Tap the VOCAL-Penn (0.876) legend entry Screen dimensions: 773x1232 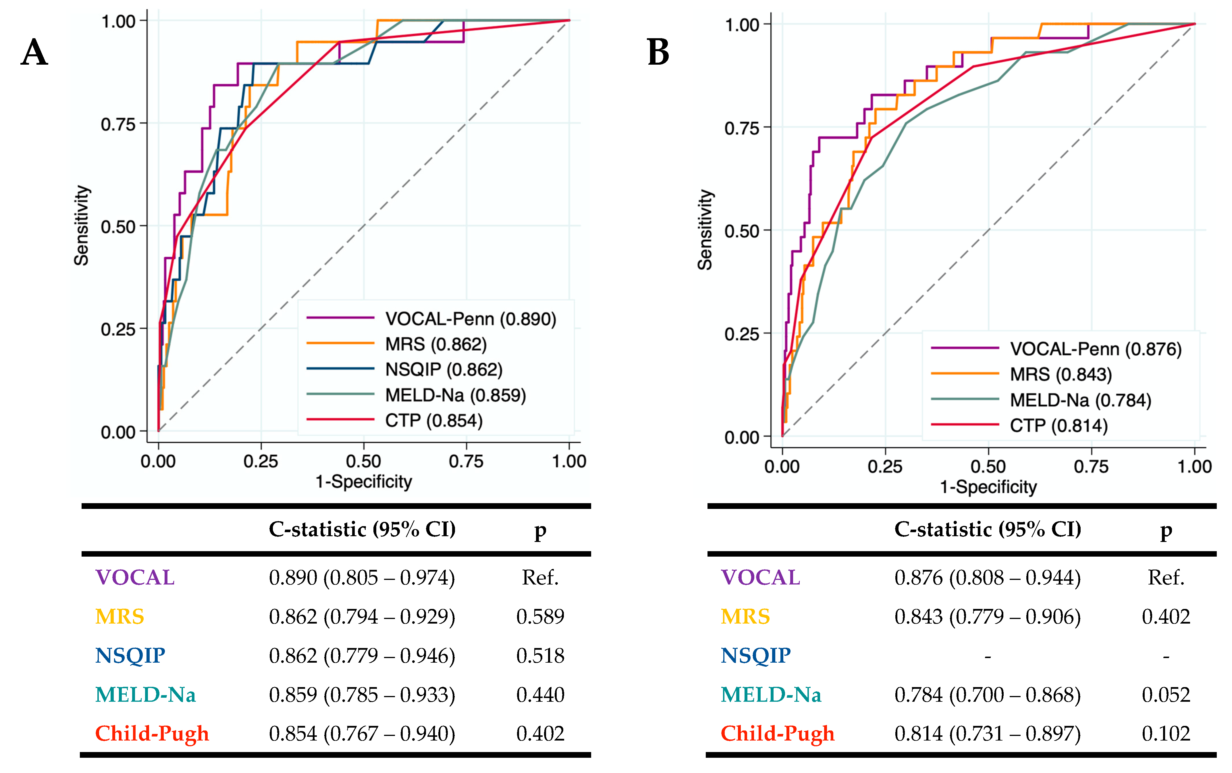[1096, 349]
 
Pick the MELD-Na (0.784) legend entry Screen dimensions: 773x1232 [1080, 400]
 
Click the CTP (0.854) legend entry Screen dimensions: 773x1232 [433, 421]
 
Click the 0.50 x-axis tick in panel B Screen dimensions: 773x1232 [988, 466]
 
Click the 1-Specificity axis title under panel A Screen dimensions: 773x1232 [363, 482]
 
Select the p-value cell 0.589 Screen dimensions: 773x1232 [540, 617]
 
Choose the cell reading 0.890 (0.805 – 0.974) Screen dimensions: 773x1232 [362, 578]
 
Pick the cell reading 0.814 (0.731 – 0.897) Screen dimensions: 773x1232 [987, 734]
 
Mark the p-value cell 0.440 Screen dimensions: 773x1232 [540, 695]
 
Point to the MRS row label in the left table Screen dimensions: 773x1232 [119, 617]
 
